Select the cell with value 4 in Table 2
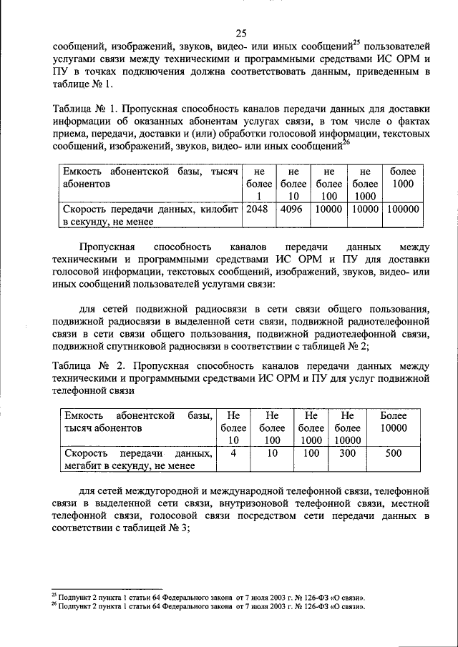233,453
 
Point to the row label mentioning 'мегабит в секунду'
138,460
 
